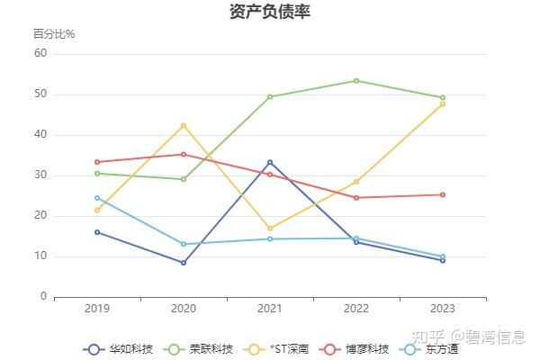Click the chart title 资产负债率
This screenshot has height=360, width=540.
pos(270,12)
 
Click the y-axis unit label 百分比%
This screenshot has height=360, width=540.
pos(54,34)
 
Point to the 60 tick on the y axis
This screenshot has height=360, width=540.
pos(40,54)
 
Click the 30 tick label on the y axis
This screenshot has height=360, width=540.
pos(40,175)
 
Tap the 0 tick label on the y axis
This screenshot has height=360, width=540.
pos(42,296)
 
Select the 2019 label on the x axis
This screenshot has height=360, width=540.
pos(97,309)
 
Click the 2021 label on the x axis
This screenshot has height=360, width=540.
pos(270,309)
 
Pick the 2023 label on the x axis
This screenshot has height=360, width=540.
pos(443,309)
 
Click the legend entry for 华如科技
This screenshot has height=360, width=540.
pos(118,348)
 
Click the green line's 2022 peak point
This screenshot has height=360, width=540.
pos(356,81)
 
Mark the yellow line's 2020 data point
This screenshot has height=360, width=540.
pos(184,125)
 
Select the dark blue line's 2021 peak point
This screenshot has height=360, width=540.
pos(270,162)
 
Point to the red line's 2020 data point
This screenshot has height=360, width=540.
pos(184,154)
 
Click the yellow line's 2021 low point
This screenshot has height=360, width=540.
pos(270,229)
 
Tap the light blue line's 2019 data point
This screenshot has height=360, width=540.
pos(97,198)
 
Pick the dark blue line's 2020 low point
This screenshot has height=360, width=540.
pos(184,263)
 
